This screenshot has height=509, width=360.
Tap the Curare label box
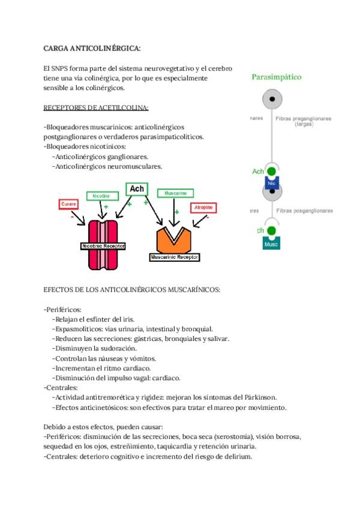69,205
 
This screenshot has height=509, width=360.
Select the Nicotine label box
101,196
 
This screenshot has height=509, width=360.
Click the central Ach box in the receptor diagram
137,190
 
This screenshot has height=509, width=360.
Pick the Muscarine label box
175,193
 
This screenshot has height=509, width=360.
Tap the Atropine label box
203,208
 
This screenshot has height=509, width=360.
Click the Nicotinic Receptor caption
103,246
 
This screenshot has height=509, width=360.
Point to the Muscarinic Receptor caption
175,257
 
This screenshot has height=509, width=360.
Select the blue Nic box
272,183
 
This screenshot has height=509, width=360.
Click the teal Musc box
271,244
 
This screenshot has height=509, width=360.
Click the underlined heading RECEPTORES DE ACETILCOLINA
96,108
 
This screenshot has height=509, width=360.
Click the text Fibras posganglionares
304,211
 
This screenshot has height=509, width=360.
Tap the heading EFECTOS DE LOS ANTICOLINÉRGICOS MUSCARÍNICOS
132,289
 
